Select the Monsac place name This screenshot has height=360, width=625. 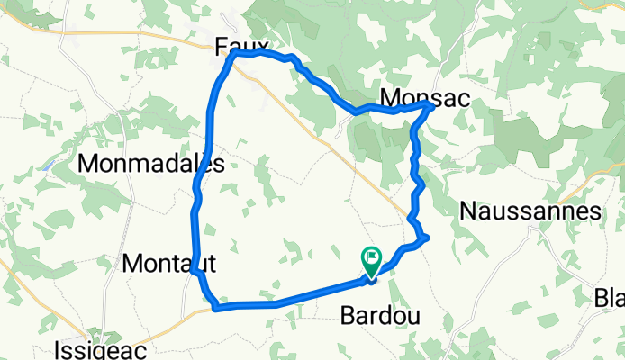[x=424, y=97]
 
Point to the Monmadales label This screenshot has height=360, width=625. [x=150, y=163]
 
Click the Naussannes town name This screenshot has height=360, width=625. [x=530, y=211]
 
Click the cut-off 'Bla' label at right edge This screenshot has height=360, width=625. [x=609, y=297]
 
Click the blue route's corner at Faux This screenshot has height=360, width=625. [x=234, y=54]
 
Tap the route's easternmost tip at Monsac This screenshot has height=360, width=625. [x=430, y=105]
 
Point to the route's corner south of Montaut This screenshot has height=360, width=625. [x=216, y=308]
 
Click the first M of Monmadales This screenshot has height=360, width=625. [x=89, y=163]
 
